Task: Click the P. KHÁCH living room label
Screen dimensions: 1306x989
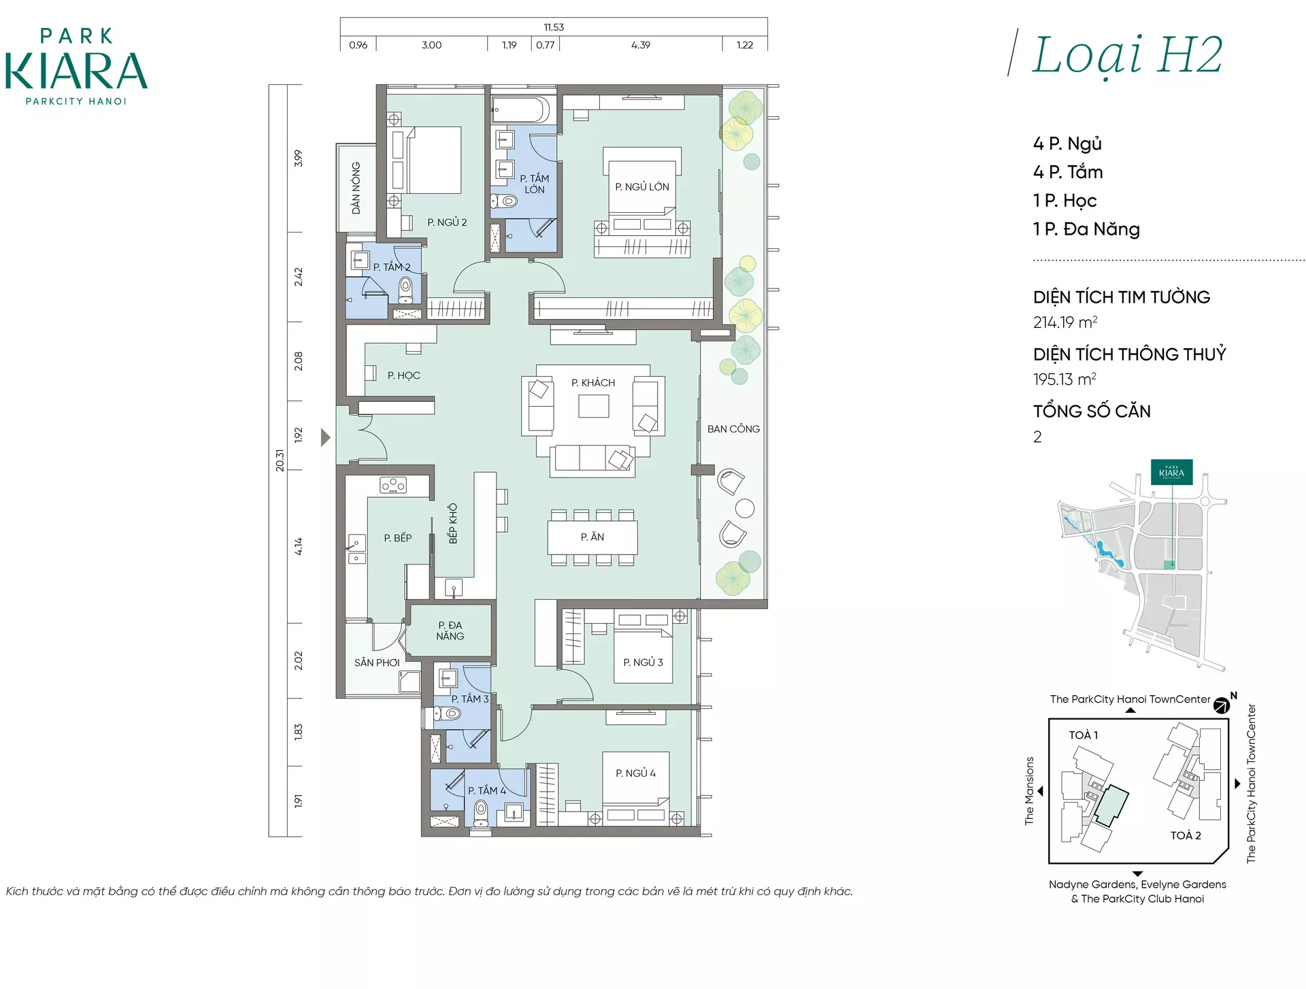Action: click(x=593, y=383)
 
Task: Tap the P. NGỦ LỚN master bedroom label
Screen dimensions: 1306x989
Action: click(x=642, y=186)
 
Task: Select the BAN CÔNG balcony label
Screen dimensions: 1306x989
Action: click(x=733, y=429)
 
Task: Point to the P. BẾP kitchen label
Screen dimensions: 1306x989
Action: click(x=398, y=538)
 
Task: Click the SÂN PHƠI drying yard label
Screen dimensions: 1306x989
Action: click(x=377, y=663)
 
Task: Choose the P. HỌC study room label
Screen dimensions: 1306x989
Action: click(x=404, y=375)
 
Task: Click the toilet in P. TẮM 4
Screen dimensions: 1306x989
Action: click(x=482, y=812)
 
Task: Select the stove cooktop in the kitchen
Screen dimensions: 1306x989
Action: click(x=393, y=486)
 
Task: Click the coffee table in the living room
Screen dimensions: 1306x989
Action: click(x=594, y=406)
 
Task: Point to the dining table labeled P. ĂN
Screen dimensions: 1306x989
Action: click(x=592, y=537)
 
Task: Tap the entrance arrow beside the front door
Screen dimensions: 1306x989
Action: click(x=326, y=437)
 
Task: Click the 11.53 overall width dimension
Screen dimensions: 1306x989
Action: click(x=554, y=27)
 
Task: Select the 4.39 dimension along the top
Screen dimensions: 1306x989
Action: click(x=641, y=46)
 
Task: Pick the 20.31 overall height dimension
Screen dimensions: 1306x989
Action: click(x=280, y=460)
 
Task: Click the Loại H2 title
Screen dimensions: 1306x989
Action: click(x=1127, y=56)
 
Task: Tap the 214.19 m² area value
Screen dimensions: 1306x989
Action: click(x=1065, y=322)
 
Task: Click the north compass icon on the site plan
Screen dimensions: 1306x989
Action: click(x=1222, y=705)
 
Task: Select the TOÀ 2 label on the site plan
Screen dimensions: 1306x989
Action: click(x=1186, y=835)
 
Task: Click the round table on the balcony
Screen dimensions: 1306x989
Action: click(x=745, y=508)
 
